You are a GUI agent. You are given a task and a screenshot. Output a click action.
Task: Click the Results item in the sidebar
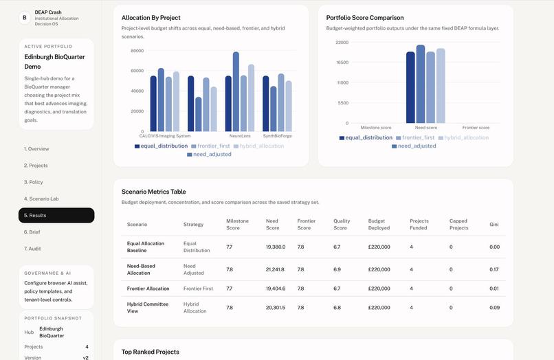pyautogui.click(x=56, y=215)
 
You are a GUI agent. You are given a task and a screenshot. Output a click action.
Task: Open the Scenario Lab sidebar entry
pyautogui.click(x=41, y=199)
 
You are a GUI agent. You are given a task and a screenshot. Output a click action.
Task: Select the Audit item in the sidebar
pyautogui.click(x=33, y=249)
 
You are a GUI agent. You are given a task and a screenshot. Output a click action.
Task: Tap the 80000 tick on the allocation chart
pyautogui.click(x=137, y=51)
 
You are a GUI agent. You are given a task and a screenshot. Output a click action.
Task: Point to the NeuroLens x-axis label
pyautogui.click(x=240, y=136)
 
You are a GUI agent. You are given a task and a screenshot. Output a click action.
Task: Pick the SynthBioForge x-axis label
pyautogui.click(x=277, y=136)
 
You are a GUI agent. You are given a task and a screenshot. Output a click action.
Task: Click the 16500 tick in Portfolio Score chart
pyautogui.click(x=342, y=63)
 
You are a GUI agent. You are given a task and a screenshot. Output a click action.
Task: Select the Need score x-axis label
pyautogui.click(x=426, y=128)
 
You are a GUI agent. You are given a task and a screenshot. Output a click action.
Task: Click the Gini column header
pyautogui.click(x=494, y=225)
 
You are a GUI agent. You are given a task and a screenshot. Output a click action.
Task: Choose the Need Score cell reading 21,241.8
pyautogui.click(x=275, y=269)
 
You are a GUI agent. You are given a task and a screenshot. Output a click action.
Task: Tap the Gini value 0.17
pyautogui.click(x=494, y=269)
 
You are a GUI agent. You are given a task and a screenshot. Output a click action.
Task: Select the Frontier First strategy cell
pyautogui.click(x=199, y=289)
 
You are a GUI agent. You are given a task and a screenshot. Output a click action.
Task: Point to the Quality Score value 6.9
pyautogui.click(x=337, y=269)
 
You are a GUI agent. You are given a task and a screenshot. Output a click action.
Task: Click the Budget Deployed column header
pyautogui.click(x=379, y=225)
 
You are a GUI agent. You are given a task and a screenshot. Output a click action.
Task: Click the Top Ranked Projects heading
pyautogui.click(x=151, y=352)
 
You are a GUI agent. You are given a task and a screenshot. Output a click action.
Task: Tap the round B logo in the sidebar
pyautogui.click(x=25, y=18)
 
